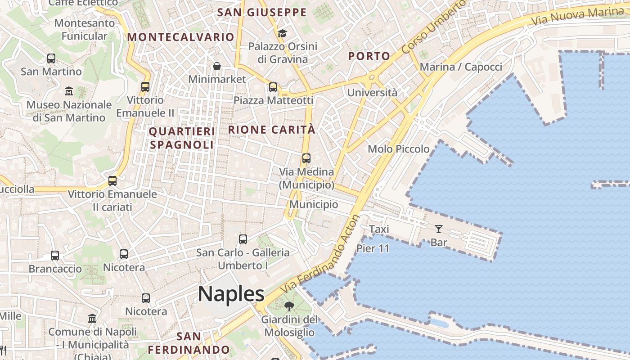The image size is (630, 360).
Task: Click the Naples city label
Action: coord(231,294)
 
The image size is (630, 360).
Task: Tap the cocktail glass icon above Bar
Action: coord(438,229)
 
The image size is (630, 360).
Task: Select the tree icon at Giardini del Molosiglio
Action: coord(289,307)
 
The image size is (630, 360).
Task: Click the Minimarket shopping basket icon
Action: coord(217,66)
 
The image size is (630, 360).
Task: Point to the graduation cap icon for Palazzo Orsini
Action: coord(282,33)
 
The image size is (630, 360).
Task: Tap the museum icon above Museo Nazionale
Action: coord(69,91)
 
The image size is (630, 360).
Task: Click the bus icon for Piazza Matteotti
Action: coord(273,87)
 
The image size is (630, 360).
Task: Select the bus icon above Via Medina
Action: coord(306,158)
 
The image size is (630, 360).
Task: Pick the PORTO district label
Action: coord(369,56)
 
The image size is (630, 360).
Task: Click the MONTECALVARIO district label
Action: coord(181,37)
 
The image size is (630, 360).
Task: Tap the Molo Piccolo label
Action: coord(399,149)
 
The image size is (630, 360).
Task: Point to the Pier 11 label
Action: coord(373,248)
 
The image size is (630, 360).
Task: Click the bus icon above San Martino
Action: coord(51,58)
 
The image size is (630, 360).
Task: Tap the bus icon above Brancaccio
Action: coord(55,256)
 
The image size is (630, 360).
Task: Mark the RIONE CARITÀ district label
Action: coord(272,130)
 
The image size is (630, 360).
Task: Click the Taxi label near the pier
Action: coord(379,229)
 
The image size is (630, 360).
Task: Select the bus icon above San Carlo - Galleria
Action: coord(243,239)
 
